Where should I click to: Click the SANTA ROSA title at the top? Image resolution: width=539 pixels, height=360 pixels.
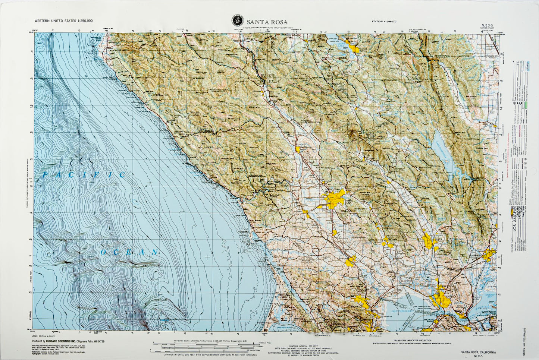point(266,22)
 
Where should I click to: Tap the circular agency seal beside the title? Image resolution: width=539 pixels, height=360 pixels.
point(236,20)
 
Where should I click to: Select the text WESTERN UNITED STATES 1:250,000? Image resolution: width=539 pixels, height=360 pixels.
point(63,21)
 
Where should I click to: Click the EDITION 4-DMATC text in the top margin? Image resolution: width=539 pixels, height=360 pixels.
point(384,22)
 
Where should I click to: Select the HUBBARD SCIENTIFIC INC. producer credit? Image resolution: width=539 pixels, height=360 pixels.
point(68,341)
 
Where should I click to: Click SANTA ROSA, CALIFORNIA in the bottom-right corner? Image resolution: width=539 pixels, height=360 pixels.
point(478,353)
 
